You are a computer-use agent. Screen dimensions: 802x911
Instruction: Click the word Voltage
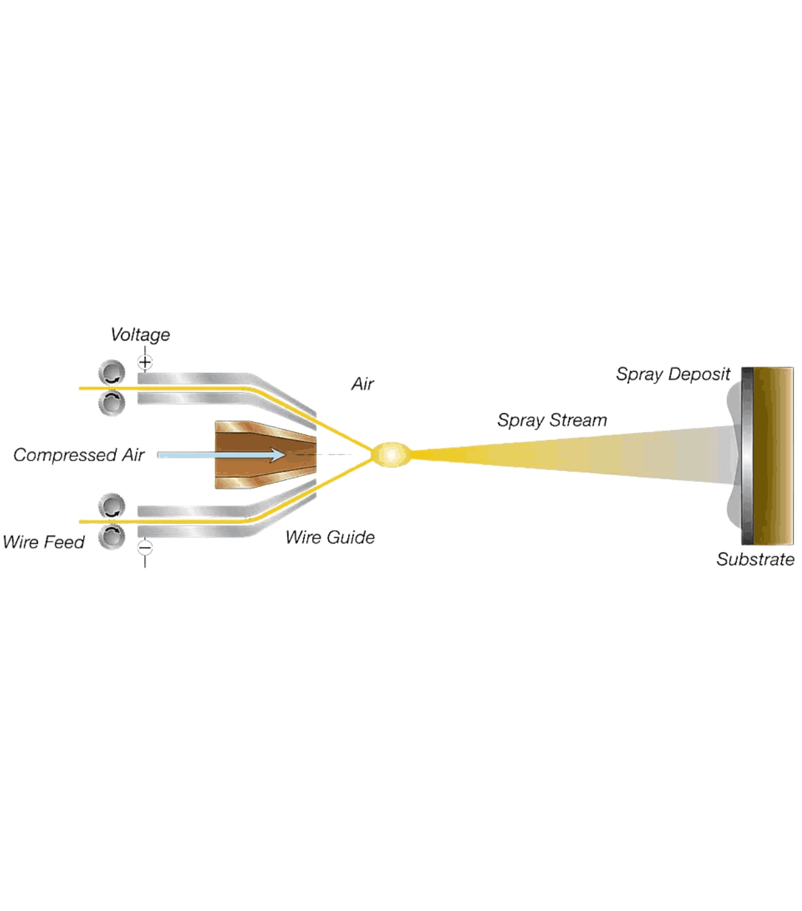tap(140, 335)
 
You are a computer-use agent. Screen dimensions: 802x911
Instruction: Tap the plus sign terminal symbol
tap(145, 362)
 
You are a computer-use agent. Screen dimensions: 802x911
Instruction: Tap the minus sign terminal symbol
tap(145, 548)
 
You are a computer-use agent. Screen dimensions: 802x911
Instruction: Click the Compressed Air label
tap(79, 455)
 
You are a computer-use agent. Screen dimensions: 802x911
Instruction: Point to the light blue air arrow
tap(221, 455)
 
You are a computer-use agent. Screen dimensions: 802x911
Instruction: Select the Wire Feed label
tap(44, 542)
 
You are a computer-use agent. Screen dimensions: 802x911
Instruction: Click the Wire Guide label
tap(330, 537)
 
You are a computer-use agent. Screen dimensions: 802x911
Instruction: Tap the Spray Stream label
tap(552, 421)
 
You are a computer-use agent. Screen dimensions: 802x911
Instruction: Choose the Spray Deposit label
tap(673, 374)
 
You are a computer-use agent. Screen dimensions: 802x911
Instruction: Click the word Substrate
tap(755, 559)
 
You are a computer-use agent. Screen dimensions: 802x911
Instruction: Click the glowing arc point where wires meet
tap(391, 455)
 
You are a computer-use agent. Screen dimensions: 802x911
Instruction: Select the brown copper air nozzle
tap(266, 455)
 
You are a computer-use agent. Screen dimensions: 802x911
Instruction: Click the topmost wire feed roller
tap(112, 373)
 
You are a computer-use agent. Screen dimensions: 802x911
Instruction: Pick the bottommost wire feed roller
tap(112, 536)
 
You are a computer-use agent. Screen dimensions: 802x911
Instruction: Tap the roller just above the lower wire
tap(112, 506)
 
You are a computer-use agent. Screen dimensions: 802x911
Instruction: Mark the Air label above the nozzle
tap(362, 384)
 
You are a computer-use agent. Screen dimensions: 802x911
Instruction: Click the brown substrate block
tap(773, 456)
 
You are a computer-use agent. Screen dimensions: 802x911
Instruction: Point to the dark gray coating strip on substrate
tap(748, 456)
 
